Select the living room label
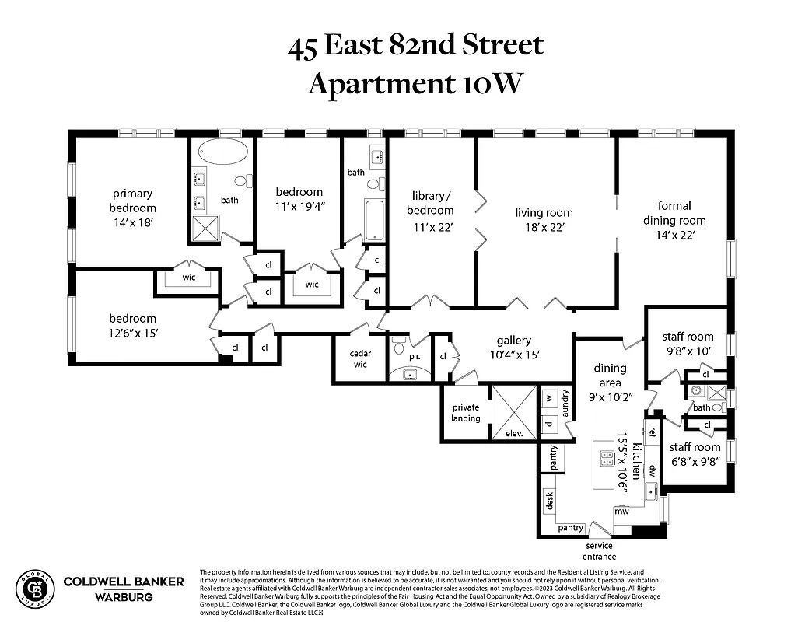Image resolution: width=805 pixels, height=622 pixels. (544, 212)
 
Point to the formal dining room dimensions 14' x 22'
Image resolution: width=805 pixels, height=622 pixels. (674, 234)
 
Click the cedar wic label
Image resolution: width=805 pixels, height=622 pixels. (360, 358)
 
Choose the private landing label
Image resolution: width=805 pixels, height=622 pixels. (466, 413)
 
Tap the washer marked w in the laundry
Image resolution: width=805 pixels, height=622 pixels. (548, 397)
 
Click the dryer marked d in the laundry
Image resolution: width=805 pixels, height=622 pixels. (548, 424)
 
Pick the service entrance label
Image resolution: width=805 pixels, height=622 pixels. (599, 551)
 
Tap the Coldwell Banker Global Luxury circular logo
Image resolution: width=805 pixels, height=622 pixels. (36, 589)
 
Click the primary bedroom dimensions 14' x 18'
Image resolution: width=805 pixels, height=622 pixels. (132, 222)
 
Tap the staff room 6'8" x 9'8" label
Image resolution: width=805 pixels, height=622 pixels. (695, 454)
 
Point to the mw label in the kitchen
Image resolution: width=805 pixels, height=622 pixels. (621, 511)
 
